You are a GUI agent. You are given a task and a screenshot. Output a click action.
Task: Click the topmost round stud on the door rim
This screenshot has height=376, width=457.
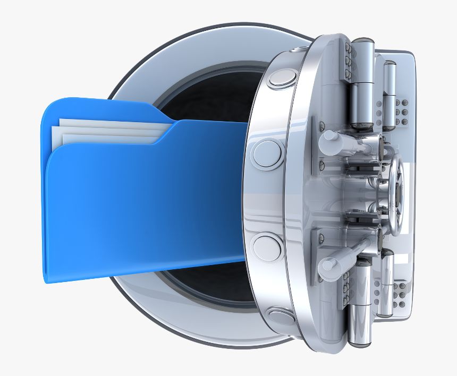[x=282, y=80]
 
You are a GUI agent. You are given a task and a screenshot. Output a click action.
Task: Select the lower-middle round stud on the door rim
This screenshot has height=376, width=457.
[x=267, y=247]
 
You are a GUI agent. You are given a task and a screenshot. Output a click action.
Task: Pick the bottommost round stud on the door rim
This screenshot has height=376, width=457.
[x=281, y=317]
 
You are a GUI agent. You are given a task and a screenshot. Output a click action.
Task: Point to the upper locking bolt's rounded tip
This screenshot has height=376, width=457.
[x=331, y=135]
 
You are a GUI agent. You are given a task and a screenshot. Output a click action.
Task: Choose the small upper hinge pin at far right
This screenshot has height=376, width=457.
[x=390, y=85]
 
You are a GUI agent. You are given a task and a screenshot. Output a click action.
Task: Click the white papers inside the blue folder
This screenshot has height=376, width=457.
[x=106, y=130]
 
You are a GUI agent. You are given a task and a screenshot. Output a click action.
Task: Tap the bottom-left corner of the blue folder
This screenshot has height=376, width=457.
[x=47, y=278]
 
